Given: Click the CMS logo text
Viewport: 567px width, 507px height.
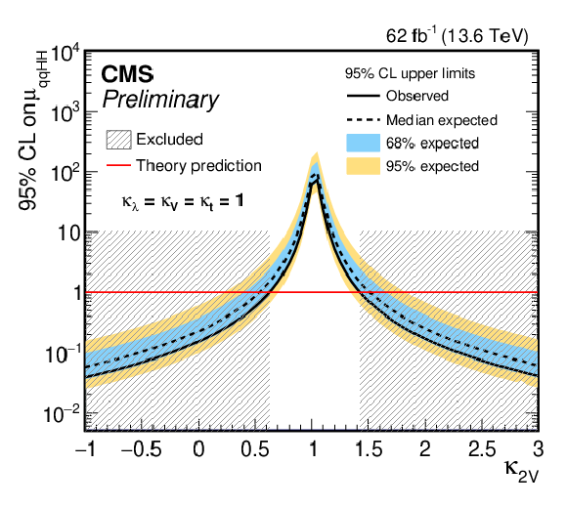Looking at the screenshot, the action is click(127, 74).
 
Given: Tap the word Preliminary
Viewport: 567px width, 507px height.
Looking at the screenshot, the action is click(160, 99).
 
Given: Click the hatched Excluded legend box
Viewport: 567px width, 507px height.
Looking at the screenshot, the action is click(118, 140).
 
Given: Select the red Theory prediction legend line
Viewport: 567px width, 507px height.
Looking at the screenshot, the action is click(118, 165).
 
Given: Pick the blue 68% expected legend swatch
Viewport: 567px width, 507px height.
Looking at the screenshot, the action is click(363, 143).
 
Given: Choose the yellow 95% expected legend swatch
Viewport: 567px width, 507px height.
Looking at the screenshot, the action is click(363, 166).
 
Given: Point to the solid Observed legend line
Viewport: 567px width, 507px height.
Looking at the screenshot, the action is click(363, 96).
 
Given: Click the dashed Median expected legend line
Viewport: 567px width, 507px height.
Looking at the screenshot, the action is click(363, 119).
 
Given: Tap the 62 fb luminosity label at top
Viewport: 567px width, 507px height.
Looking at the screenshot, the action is click(458, 35).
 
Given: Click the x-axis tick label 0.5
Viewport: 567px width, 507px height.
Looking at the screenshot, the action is click(255, 449).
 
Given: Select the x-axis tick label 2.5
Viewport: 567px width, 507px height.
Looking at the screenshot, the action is click(482, 449).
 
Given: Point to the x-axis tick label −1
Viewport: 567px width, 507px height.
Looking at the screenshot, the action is click(86, 449).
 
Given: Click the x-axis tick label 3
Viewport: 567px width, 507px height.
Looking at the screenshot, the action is click(539, 449).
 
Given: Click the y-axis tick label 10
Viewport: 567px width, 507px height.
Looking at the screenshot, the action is click(68, 233).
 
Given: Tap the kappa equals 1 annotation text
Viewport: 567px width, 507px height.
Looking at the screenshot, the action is click(183, 201).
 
